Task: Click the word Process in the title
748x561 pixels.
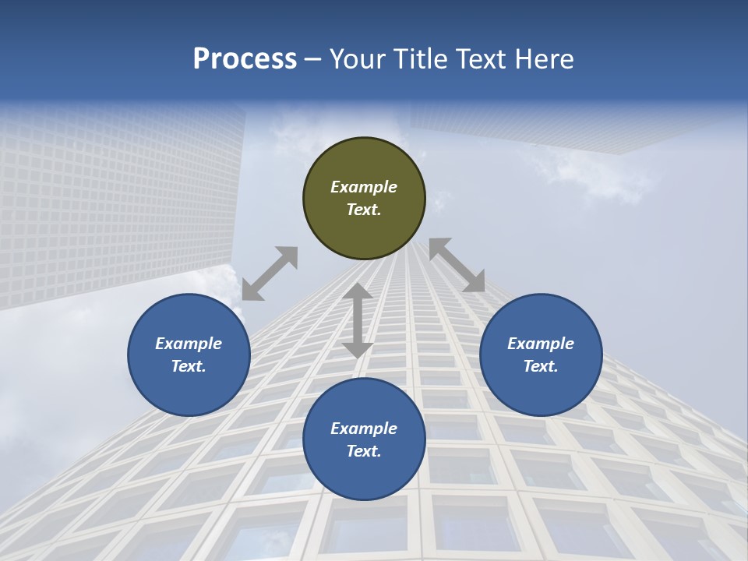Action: [x=245, y=59]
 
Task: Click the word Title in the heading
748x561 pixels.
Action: [x=421, y=59]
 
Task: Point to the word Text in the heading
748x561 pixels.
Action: [x=479, y=59]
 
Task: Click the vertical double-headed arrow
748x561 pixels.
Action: [x=358, y=320]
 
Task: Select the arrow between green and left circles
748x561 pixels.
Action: [x=270, y=273]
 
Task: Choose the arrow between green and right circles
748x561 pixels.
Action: [x=457, y=265]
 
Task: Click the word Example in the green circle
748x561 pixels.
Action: [x=364, y=187]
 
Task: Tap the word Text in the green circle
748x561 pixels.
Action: [x=364, y=210]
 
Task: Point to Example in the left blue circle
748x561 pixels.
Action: [x=189, y=344]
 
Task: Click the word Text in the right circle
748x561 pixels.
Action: [x=541, y=366]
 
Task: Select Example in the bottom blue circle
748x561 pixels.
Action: [x=364, y=429]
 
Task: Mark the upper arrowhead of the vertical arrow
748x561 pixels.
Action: [x=358, y=293]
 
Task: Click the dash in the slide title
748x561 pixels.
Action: [x=313, y=59]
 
